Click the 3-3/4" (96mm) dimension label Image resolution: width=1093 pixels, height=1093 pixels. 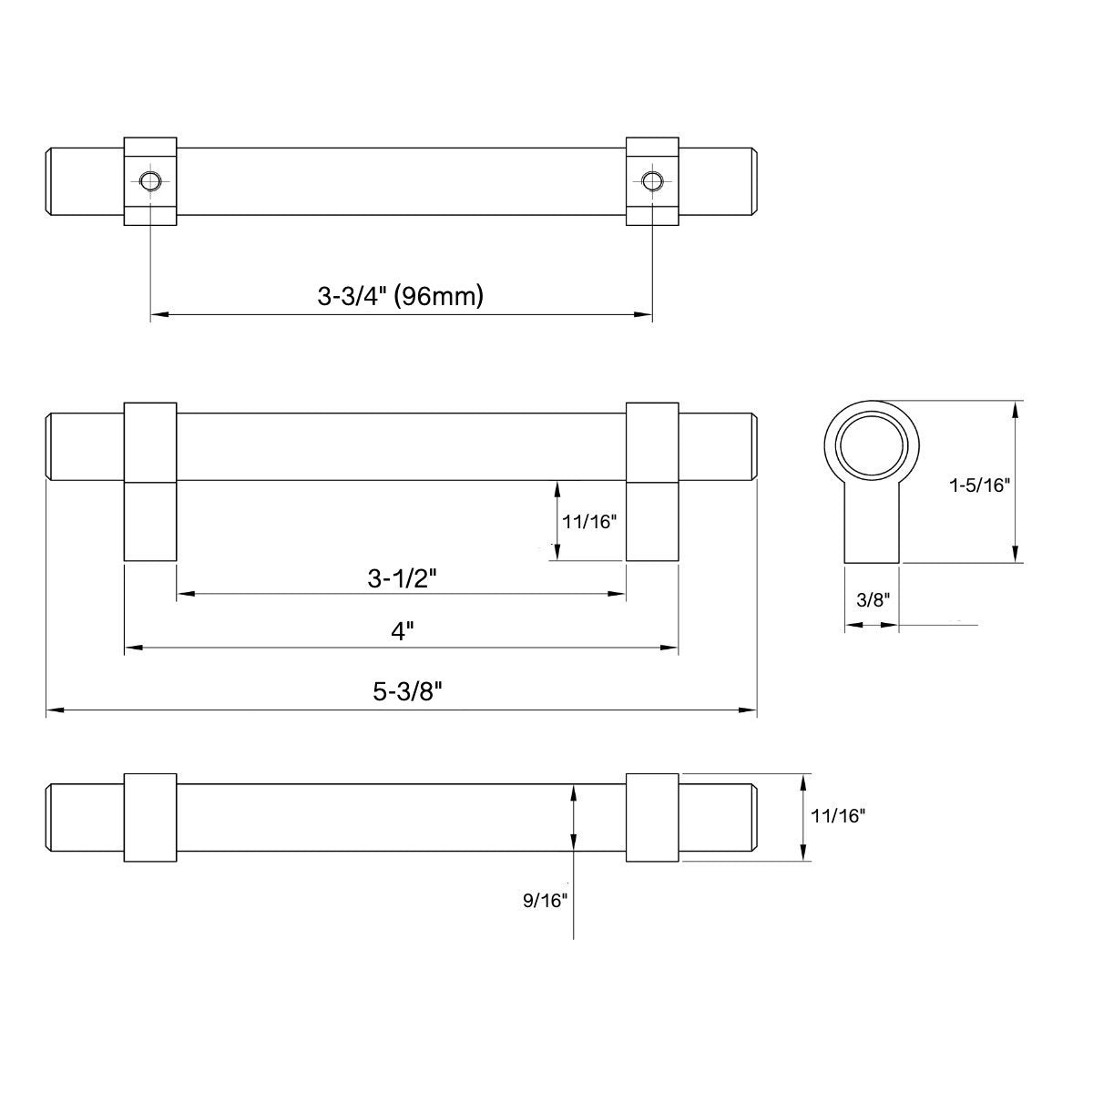pyautogui.click(x=400, y=296)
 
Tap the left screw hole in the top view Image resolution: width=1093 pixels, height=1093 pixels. pyautogui.click(x=149, y=180)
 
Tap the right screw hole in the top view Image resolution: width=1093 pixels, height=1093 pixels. pyautogui.click(x=650, y=180)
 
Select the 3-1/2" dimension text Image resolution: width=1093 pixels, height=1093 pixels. pyautogui.click(x=402, y=578)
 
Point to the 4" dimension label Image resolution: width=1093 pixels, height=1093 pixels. pyautogui.click(x=402, y=631)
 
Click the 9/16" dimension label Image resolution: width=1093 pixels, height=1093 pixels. pyautogui.click(x=546, y=900)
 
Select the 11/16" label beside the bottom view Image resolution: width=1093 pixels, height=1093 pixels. pyautogui.click(x=839, y=817)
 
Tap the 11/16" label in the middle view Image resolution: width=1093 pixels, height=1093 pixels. pyautogui.click(x=590, y=522)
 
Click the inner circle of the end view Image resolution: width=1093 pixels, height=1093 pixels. pyautogui.click(x=873, y=445)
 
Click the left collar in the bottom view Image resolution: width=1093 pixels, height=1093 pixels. pyautogui.click(x=149, y=818)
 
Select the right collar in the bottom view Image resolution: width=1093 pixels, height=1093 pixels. pyautogui.click(x=652, y=818)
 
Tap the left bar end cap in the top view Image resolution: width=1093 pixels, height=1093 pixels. pyautogui.click(x=84, y=180)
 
